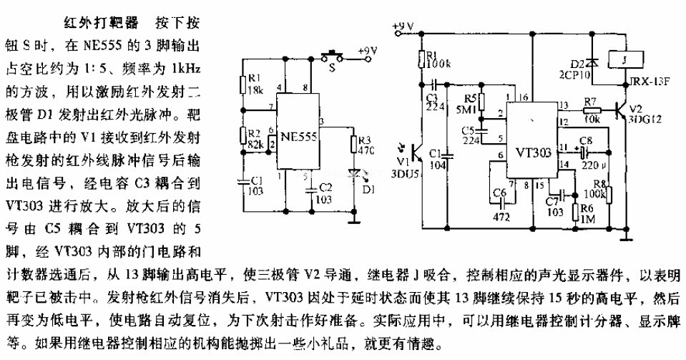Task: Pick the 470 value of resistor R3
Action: click(x=366, y=152)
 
